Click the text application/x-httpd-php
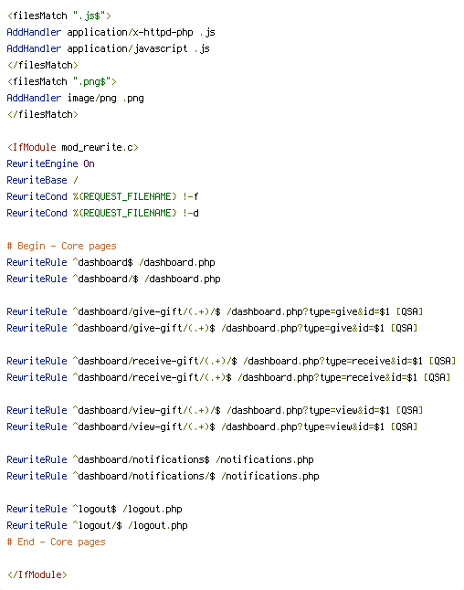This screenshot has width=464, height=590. pyautogui.click(x=130, y=32)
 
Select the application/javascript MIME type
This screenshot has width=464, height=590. pyautogui.click(x=127, y=49)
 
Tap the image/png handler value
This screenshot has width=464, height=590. pyautogui.click(x=92, y=99)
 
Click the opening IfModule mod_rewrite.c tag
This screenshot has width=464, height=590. pyautogui.click(x=73, y=148)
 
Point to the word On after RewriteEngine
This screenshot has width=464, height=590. pyautogui.click(x=89, y=163)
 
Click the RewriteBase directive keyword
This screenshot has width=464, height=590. pyautogui.click(x=37, y=180)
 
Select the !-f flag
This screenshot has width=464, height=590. pyautogui.click(x=190, y=196)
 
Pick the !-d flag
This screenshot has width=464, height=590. pyautogui.click(x=190, y=213)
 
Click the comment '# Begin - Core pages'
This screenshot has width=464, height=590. pyautogui.click(x=62, y=246)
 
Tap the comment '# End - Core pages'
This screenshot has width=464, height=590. pyautogui.click(x=56, y=542)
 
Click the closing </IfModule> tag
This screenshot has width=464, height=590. pyautogui.click(x=37, y=575)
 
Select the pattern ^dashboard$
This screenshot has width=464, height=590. pyautogui.click(x=102, y=262)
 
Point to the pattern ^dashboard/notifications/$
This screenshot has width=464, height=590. pyautogui.click(x=143, y=476)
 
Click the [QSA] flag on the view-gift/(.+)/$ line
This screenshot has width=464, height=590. pyautogui.click(x=409, y=410)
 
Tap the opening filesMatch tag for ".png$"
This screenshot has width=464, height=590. pyautogui.click(x=62, y=81)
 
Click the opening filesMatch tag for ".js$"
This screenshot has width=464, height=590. pyautogui.click(x=59, y=16)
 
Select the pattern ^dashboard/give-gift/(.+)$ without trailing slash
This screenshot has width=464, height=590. pyautogui.click(x=143, y=328)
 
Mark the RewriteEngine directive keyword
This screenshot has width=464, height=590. pyautogui.click(x=42, y=163)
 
